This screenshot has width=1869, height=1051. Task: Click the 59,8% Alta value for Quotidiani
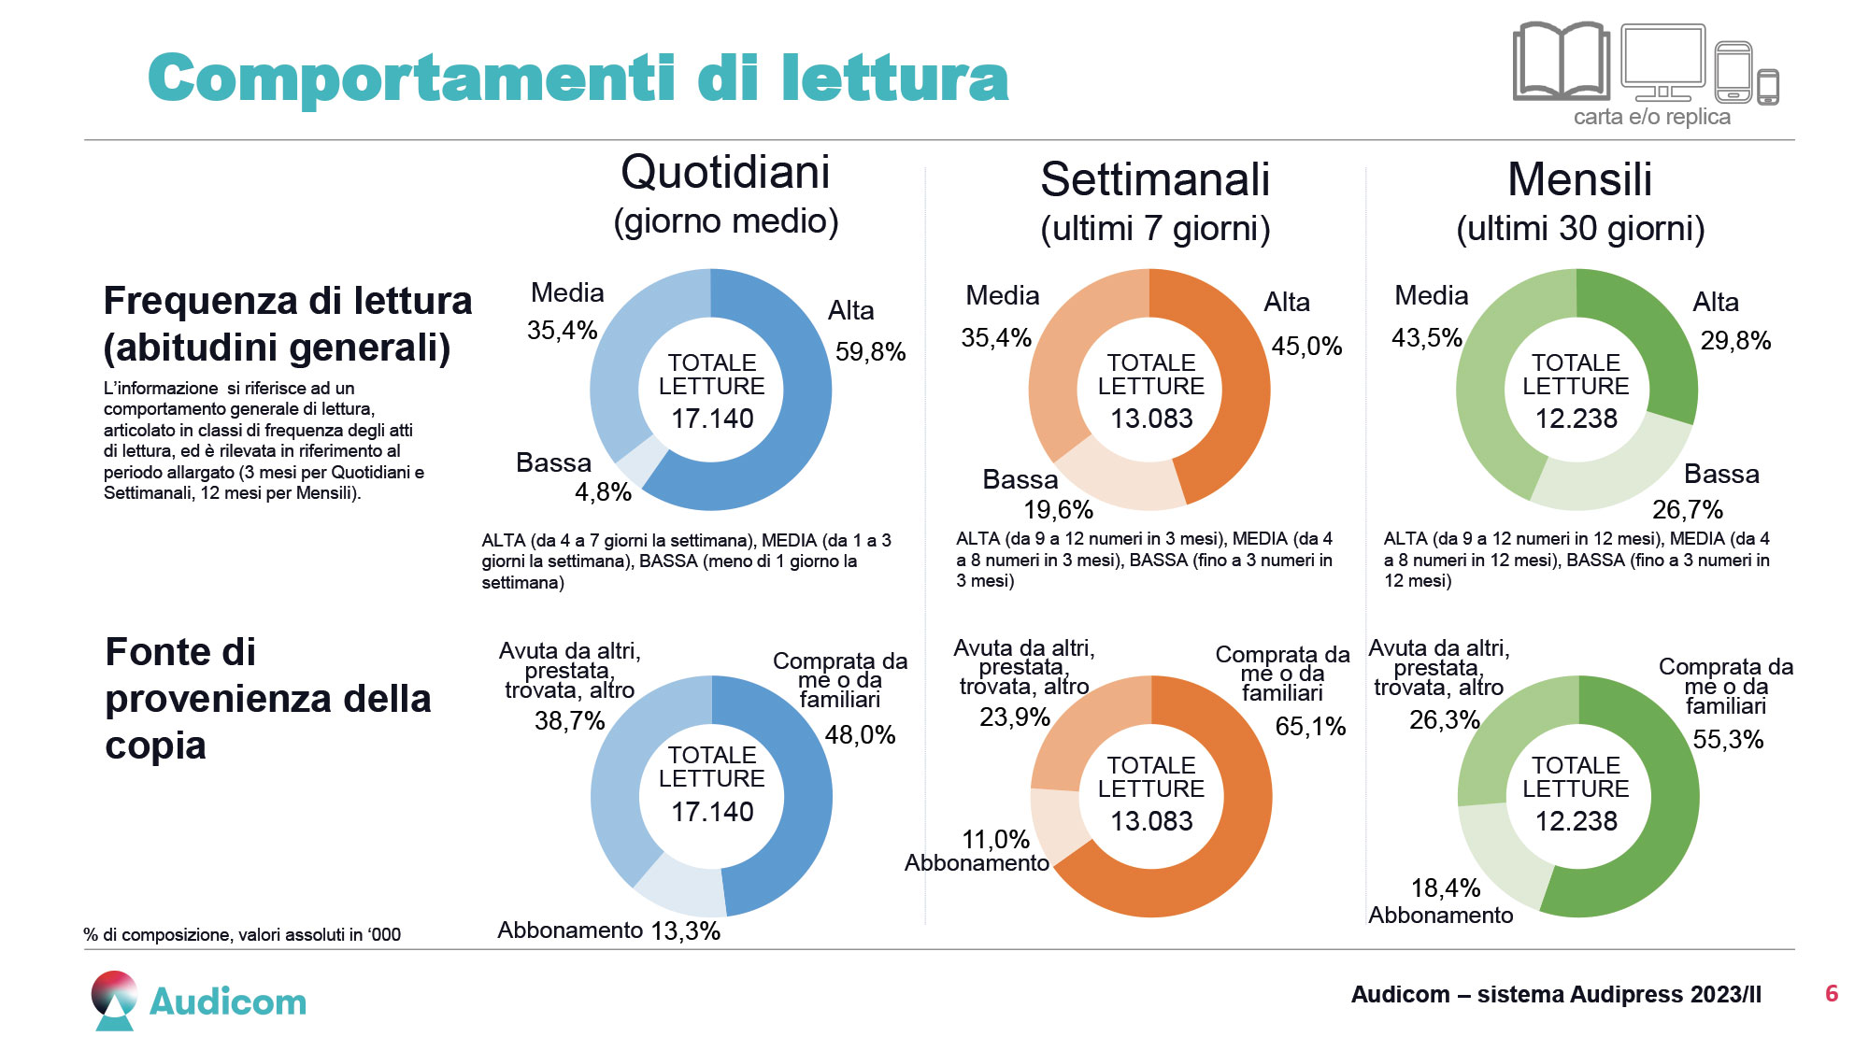tap(870, 352)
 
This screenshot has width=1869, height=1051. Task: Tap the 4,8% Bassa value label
tap(603, 492)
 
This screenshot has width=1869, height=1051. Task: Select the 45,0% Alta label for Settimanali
tap(1306, 347)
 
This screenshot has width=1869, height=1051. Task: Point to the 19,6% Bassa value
tap(1058, 510)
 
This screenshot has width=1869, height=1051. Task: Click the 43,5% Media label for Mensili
tap(1426, 338)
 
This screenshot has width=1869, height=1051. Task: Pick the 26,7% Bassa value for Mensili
tap(1687, 510)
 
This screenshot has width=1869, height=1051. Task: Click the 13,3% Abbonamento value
tap(685, 931)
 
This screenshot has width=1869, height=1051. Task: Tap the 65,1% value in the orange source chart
tap(1310, 727)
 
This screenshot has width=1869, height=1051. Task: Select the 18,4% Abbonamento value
tap(1445, 888)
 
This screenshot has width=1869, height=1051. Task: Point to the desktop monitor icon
tap(1662, 61)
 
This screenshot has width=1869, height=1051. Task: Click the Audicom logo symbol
tap(115, 1001)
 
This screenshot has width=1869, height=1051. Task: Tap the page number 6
tap(1831, 994)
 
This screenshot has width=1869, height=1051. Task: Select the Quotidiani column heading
tap(725, 173)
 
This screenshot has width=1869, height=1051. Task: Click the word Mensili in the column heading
tap(1579, 179)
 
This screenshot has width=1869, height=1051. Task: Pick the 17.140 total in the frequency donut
tap(712, 419)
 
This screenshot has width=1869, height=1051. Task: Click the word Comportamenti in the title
tap(411, 78)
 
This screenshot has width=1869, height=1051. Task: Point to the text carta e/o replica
tap(1651, 118)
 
